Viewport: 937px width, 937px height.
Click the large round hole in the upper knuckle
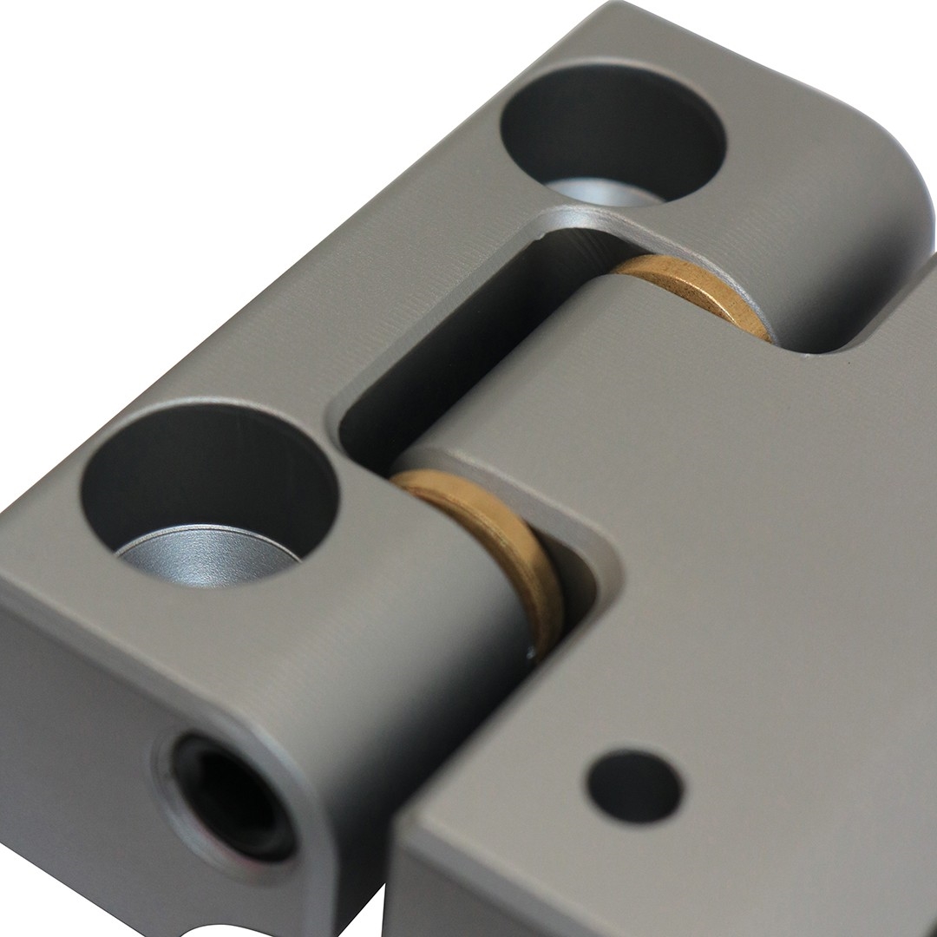click(613, 130)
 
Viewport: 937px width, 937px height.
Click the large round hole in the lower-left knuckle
click(208, 486)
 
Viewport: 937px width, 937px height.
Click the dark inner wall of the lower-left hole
click(174, 468)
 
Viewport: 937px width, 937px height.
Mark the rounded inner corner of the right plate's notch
click(599, 555)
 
